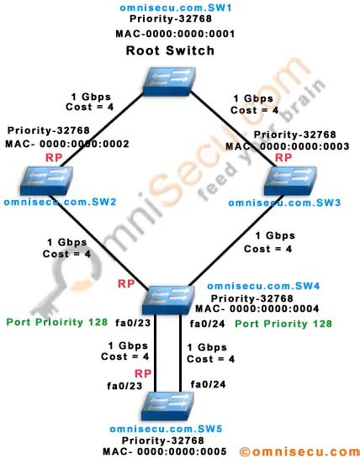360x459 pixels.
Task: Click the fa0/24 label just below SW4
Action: coord(204,323)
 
